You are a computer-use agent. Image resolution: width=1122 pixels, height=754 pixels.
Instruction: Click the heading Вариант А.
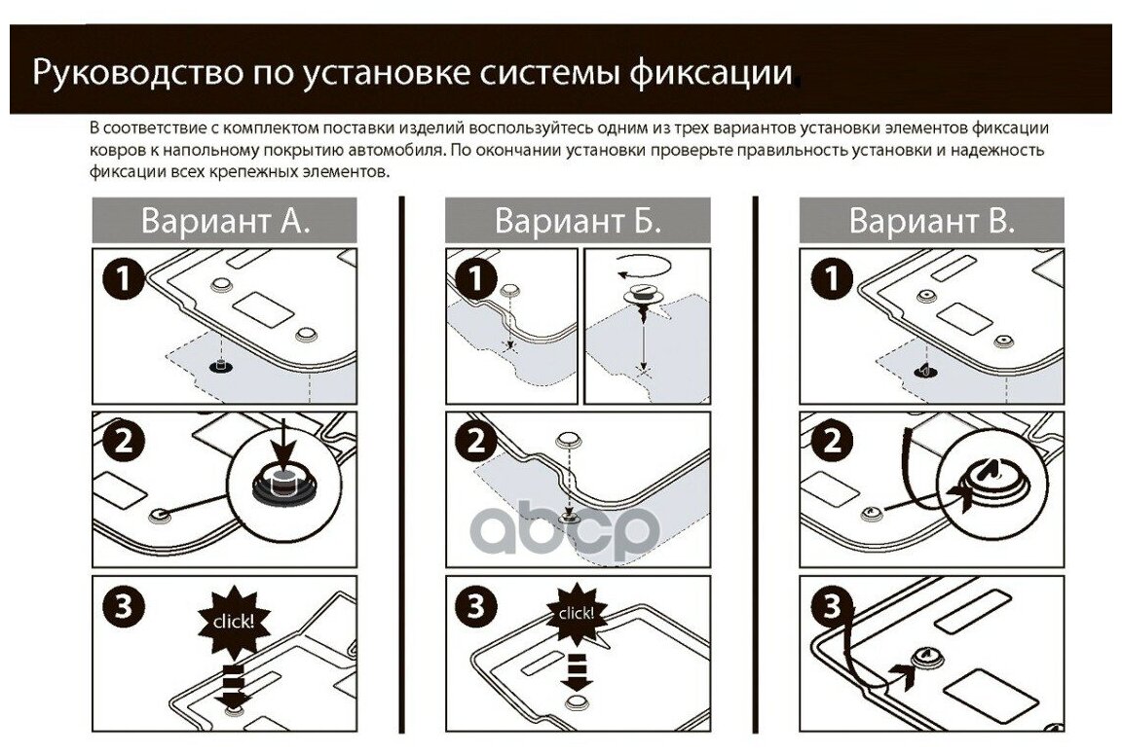pyautogui.click(x=225, y=220)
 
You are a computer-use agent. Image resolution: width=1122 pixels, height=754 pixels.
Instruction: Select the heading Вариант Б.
pyautogui.click(x=578, y=220)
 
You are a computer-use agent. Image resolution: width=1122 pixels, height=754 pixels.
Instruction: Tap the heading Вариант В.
pyautogui.click(x=931, y=220)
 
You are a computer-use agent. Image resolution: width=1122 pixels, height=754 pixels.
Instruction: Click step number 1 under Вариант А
pyautogui.click(x=122, y=280)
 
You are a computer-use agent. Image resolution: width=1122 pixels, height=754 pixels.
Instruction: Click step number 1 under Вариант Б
pyautogui.click(x=475, y=280)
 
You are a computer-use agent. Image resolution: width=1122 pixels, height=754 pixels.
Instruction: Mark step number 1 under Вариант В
pyautogui.click(x=830, y=280)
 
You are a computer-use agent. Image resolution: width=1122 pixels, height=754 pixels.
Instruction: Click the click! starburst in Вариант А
pyautogui.click(x=234, y=619)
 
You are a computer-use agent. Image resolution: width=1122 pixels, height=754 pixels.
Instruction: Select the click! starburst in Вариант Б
pyautogui.click(x=576, y=613)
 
